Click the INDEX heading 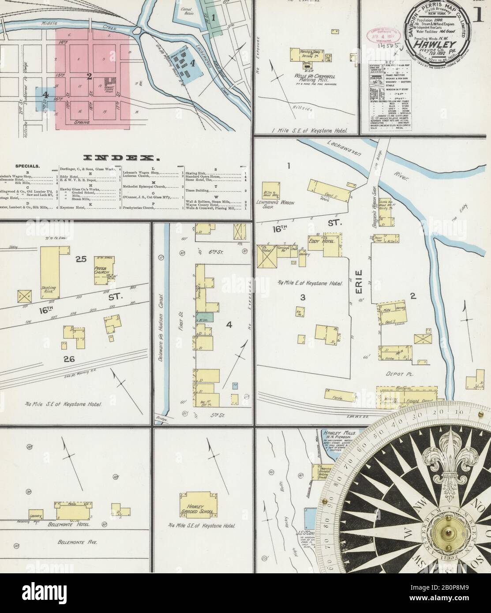121,157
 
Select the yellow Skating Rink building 50,274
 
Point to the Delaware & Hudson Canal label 161,329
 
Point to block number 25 80,260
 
